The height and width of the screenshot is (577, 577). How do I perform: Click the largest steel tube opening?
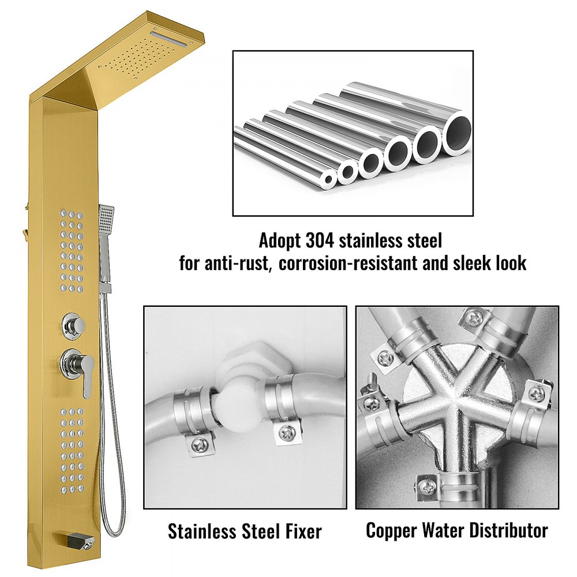[456, 134]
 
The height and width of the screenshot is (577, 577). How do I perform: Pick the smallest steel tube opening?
[329, 179]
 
